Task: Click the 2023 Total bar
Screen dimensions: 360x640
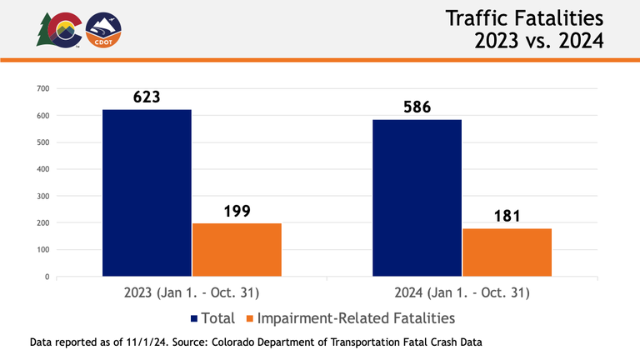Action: click(x=147, y=192)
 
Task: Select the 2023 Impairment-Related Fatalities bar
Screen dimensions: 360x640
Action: click(x=237, y=249)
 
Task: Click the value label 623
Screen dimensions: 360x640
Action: click(x=147, y=97)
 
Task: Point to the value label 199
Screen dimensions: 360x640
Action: click(x=237, y=211)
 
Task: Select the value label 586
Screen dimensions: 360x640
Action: click(x=417, y=107)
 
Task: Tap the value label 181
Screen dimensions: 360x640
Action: click(x=507, y=216)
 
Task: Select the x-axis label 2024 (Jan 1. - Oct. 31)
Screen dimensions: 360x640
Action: click(x=461, y=293)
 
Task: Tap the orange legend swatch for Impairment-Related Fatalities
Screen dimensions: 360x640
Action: click(x=247, y=318)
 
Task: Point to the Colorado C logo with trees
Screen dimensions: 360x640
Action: click(x=60, y=30)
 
